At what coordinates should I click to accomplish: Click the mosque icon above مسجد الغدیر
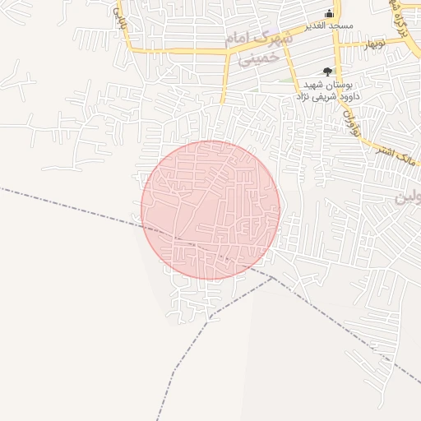point(330,13)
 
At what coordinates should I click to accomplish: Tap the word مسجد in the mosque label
point(340,26)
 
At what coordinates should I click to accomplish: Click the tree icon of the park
point(328,72)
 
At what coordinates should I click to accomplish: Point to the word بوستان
point(340,85)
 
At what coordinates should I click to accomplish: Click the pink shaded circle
point(210,210)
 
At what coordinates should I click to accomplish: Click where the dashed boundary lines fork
point(271,278)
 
